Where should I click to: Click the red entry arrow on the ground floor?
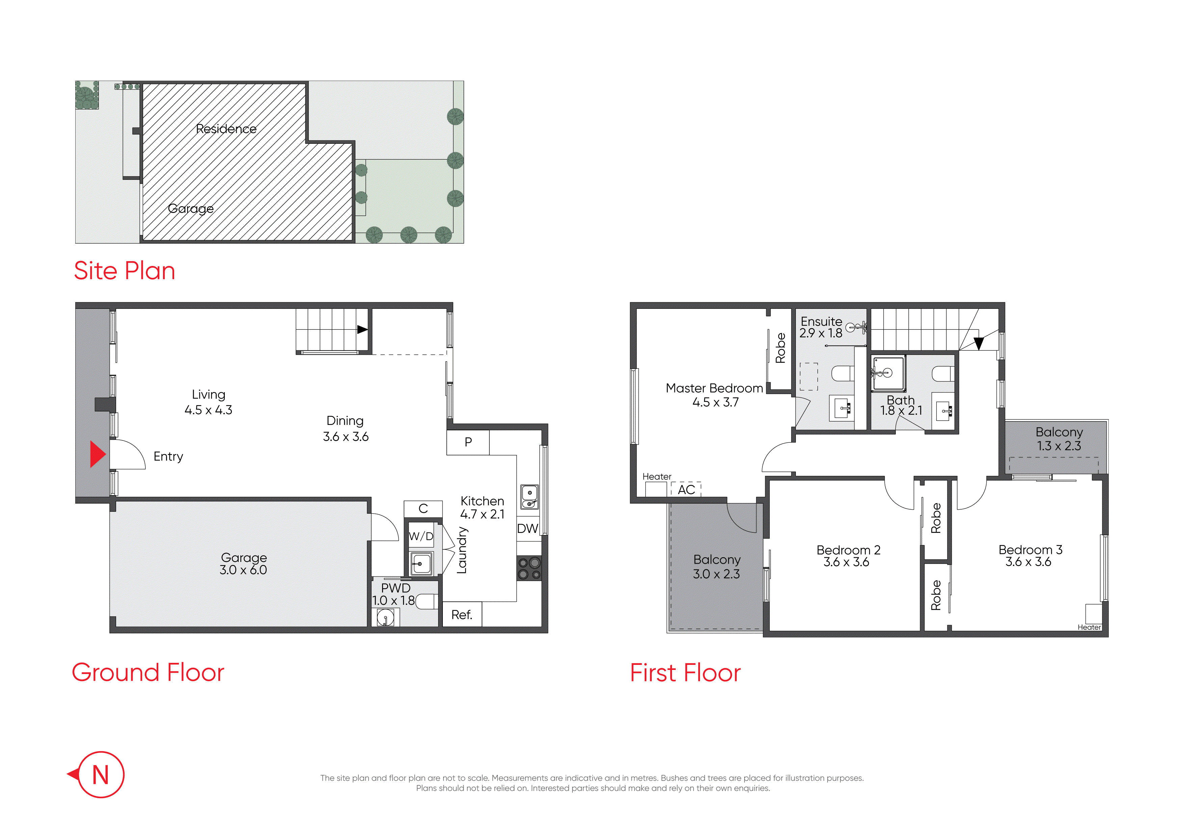click(98, 454)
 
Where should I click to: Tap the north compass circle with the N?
click(101, 774)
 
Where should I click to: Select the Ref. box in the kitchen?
click(462, 614)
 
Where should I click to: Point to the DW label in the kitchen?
click(528, 528)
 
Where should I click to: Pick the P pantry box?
click(468, 442)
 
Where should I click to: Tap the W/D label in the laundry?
click(421, 536)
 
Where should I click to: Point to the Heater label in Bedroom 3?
click(1089, 627)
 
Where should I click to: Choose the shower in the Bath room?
click(888, 373)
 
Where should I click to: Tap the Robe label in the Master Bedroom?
click(781, 348)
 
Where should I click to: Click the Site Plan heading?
click(125, 271)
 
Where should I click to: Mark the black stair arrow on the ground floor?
click(362, 329)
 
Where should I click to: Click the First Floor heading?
click(685, 673)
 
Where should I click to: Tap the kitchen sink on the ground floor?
click(530, 496)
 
